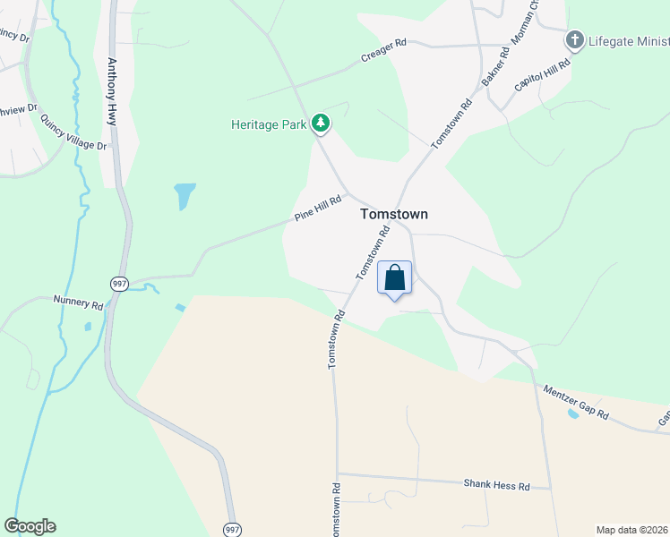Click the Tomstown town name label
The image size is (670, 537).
pos(393,215)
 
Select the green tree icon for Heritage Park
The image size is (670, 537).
pos(320,124)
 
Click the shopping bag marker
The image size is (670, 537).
pos(394,278)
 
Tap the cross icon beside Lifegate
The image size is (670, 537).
pos(574,40)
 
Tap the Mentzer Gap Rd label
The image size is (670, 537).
pos(576,404)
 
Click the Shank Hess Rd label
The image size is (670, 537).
pos(496,485)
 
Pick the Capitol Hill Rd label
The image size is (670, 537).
pos(543,79)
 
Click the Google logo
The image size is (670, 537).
pos(30,526)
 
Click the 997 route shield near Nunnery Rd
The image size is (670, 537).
pos(119,284)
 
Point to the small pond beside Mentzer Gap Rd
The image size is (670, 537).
pos(572,414)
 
